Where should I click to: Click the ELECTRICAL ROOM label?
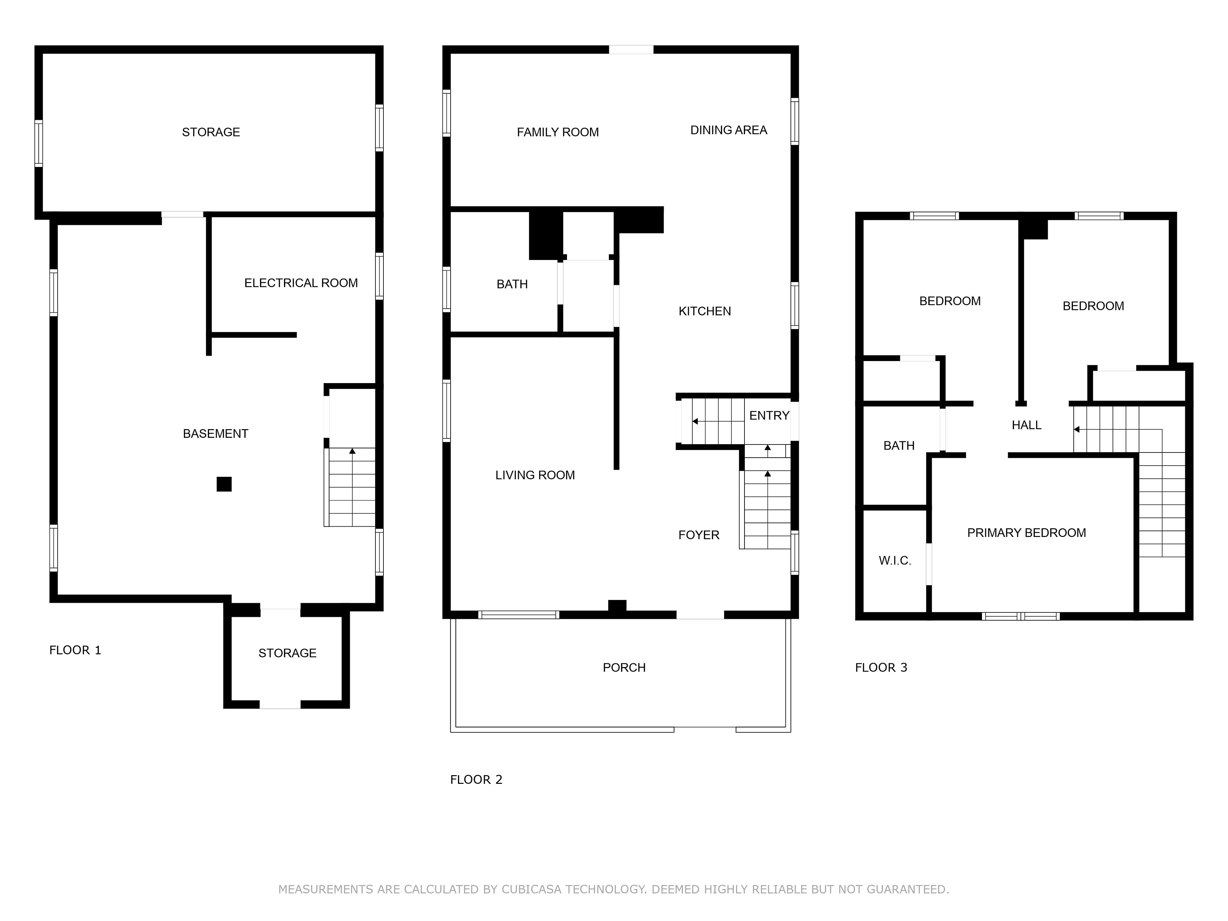point(301,283)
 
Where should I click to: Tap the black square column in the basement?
point(224,484)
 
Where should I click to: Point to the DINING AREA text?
point(729,130)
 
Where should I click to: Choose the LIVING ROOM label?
point(535,475)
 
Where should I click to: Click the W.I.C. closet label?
point(895,561)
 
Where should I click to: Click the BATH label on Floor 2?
point(512,284)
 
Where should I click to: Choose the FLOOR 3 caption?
point(881,668)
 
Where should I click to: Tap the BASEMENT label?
point(216,434)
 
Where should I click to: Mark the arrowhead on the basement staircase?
point(352,451)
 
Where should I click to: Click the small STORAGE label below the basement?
point(287,653)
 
